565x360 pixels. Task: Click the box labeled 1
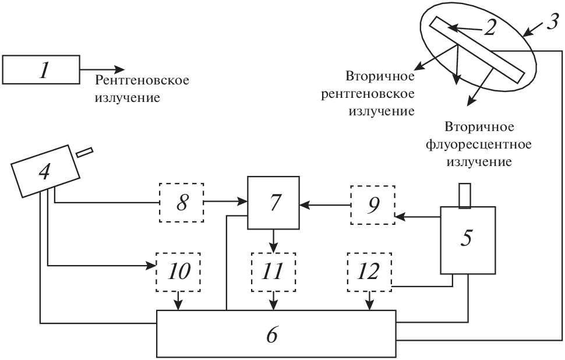pyautogui.click(x=41, y=69)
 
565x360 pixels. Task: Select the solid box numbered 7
pyautogui.click(x=273, y=203)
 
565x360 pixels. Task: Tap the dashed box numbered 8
pyautogui.click(x=181, y=202)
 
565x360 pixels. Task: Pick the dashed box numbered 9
pyautogui.click(x=372, y=204)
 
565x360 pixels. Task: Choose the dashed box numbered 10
pyautogui.click(x=178, y=272)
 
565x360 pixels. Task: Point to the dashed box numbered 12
pyautogui.click(x=369, y=272)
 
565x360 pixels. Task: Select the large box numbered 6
pyautogui.click(x=277, y=333)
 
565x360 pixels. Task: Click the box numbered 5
pyautogui.click(x=468, y=240)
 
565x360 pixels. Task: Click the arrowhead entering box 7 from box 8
pyautogui.click(x=243, y=203)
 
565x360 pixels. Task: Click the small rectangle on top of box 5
pyautogui.click(x=464, y=195)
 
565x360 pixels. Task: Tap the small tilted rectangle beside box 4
pyautogui.click(x=84, y=151)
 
